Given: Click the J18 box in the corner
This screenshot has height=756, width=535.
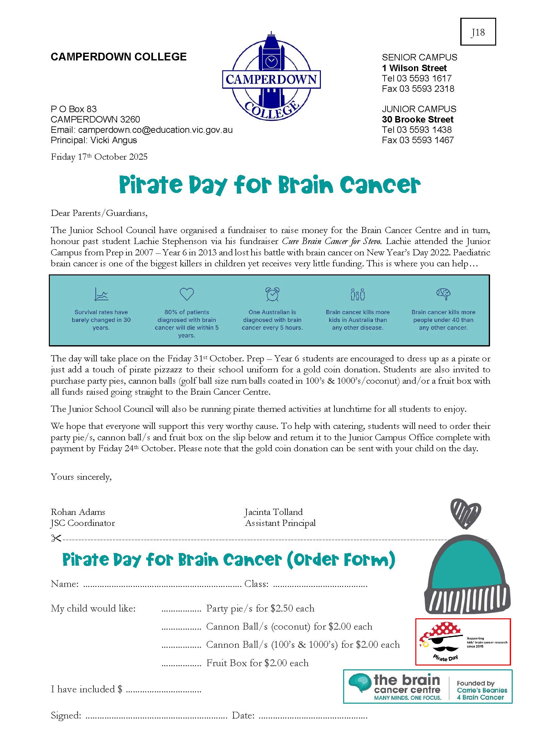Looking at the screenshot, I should click(478, 32).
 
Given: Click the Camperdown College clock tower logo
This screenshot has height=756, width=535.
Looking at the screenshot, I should click(271, 76).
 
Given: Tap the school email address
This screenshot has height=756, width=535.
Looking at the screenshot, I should click(155, 130).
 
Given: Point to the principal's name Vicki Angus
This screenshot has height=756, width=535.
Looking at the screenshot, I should click(114, 140).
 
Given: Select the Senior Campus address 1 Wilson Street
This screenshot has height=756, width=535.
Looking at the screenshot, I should click(414, 68).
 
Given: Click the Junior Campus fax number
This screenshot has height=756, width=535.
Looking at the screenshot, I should click(418, 140).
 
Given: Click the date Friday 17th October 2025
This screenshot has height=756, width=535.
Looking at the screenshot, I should click(99, 157).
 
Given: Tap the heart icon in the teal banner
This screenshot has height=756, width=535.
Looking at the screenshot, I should click(186, 294).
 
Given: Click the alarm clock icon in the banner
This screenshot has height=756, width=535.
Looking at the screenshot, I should click(272, 294).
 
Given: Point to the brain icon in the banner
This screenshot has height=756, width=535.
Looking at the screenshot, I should click(443, 293).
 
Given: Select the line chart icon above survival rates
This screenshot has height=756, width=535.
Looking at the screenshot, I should click(101, 294).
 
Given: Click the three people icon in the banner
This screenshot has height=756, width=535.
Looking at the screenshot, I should click(357, 294).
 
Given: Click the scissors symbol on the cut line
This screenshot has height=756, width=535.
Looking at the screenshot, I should click(56, 538).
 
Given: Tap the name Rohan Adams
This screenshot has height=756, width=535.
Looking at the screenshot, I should click(78, 512).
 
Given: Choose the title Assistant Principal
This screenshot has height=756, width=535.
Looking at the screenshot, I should click(280, 523).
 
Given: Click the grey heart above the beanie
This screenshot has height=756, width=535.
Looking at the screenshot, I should click(465, 513).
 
